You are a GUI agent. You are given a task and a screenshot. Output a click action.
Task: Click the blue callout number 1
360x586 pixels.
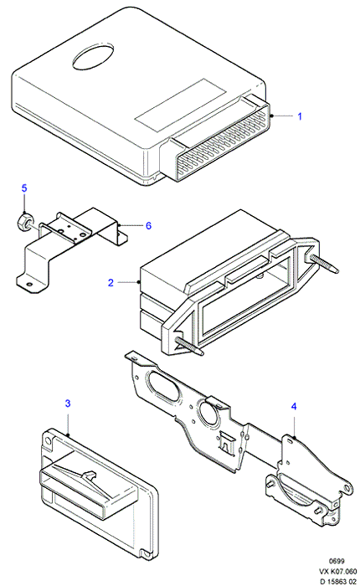[x=300, y=116]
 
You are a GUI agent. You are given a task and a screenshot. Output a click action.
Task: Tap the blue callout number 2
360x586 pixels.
[x=111, y=283]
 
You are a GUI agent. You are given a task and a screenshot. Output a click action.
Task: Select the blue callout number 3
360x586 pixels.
[x=68, y=404]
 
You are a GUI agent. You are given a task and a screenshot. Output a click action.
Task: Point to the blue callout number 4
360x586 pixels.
[x=294, y=406]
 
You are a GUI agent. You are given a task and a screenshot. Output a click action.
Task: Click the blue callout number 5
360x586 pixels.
[x=24, y=188]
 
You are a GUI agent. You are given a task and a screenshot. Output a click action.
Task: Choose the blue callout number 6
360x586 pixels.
[x=148, y=225]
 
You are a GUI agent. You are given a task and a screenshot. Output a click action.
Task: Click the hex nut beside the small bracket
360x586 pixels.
[x=24, y=220]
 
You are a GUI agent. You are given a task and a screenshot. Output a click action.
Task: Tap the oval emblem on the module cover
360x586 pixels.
[x=93, y=56]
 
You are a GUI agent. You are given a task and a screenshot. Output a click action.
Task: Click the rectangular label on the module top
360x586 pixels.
[x=181, y=105]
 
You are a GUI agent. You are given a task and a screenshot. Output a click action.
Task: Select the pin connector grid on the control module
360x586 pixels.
[x=224, y=143]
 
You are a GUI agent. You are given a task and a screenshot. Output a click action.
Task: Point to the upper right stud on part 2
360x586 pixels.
[x=324, y=263]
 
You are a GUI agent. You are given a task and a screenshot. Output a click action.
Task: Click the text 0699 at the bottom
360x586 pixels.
[x=337, y=561]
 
